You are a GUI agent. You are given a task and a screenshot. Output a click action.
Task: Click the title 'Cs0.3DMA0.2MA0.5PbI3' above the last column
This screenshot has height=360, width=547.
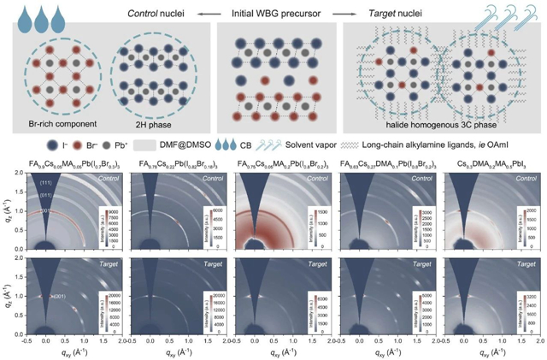pyautogui.click(x=485, y=162)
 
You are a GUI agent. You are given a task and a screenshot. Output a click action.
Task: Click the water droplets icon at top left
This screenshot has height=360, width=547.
pyautogui.click(x=23, y=15)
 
